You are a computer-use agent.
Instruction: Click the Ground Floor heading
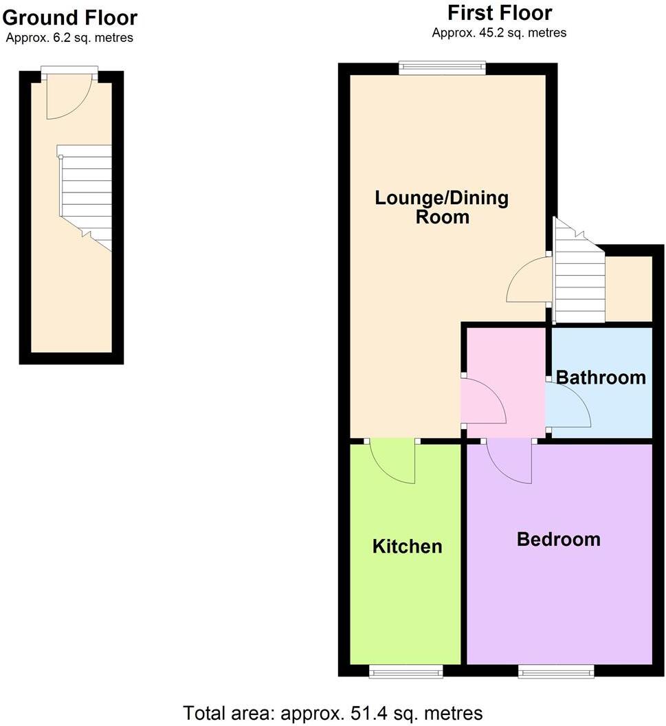(69, 17)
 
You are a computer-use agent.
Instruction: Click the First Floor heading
(499, 12)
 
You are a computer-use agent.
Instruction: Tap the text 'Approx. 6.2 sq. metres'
(69, 38)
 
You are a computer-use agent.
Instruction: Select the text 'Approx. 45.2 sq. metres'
(499, 32)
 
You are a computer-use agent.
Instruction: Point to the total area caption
(333, 713)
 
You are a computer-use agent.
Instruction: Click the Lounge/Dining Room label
(442, 208)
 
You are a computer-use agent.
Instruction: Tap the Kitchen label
(407, 547)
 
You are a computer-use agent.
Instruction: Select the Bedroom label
(558, 540)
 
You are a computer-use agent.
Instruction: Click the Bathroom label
(601, 377)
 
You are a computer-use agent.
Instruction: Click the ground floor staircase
(85, 192)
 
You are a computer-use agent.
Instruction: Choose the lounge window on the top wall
(443, 67)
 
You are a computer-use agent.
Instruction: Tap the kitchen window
(406, 671)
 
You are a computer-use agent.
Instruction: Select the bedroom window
(555, 671)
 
